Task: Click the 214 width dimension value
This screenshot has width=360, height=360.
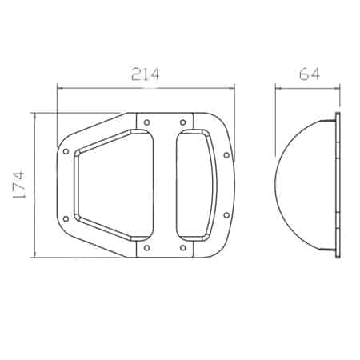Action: [x=146, y=74]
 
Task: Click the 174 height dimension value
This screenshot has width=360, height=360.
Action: [x=19, y=185]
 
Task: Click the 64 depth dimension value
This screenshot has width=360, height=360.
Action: [x=309, y=74]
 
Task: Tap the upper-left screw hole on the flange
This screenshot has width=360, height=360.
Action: [x=66, y=151]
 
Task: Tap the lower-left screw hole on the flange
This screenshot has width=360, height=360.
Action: [x=66, y=219]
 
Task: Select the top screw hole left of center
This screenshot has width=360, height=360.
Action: [x=146, y=122]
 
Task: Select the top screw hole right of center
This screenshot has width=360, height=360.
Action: [x=182, y=122]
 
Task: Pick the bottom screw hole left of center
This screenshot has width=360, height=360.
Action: [x=146, y=248]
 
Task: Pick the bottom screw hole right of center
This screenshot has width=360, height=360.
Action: [x=182, y=248]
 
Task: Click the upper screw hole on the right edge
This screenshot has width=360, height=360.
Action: [x=226, y=155]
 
